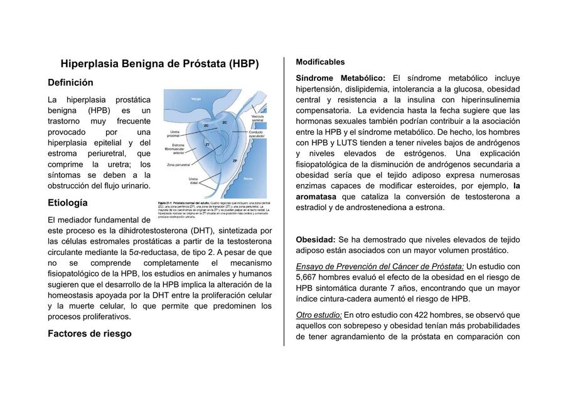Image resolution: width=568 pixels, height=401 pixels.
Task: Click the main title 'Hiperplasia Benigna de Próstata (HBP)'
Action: pos(159,64)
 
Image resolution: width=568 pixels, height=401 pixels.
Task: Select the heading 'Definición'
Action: pos(70,83)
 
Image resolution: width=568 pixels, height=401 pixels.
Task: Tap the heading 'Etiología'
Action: pos(68,203)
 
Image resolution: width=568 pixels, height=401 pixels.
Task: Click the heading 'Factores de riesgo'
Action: pos(90,334)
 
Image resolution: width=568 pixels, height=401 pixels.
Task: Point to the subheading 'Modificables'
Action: pos(320,62)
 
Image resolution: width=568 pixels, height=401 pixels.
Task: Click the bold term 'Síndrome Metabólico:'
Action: pos(341,78)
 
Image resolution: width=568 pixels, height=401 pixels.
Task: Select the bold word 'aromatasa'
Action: pos(316,197)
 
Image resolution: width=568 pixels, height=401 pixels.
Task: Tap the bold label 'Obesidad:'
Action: pos(315,240)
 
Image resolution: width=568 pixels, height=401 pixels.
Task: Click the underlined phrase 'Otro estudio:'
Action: pos(319,315)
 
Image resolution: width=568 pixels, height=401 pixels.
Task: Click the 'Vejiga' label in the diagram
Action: pos(196,98)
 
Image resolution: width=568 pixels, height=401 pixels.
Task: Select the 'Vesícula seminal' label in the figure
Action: pos(257,118)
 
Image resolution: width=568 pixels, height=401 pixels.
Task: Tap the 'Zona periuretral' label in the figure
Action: pos(179,165)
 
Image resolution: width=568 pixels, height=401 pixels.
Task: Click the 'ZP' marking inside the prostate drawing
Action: pos(234,161)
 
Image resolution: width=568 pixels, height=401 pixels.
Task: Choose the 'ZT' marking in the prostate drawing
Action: pos(208,145)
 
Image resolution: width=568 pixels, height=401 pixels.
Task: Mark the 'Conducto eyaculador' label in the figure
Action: pos(255,134)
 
